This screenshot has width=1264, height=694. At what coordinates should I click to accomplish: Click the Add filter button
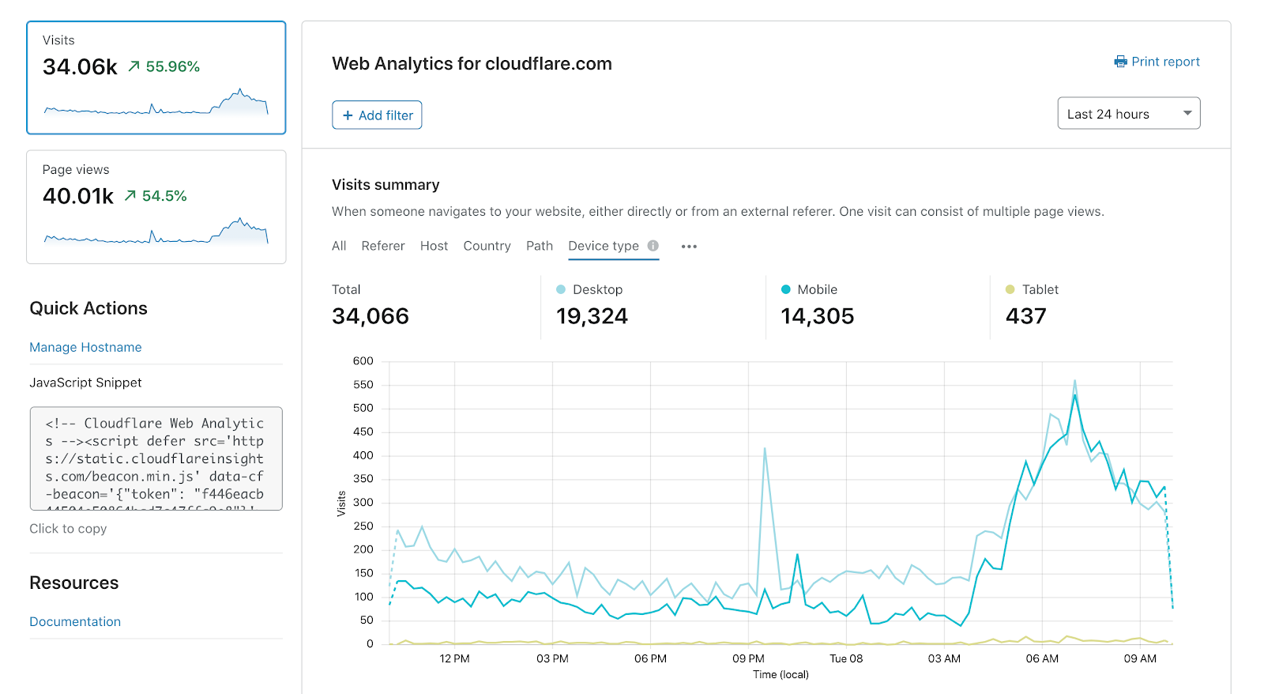377,115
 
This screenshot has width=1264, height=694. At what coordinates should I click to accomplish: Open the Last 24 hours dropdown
1128,114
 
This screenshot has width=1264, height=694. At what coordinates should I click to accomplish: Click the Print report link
1157,62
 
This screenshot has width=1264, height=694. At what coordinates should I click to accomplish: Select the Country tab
487,246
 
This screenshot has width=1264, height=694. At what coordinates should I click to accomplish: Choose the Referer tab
383,246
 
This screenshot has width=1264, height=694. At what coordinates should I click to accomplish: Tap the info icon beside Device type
653,246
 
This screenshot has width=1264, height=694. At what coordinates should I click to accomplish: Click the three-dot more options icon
689,247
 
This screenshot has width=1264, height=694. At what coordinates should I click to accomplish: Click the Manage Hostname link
85,347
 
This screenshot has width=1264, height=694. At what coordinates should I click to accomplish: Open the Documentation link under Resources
75,621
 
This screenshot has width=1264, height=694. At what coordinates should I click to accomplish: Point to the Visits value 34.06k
80,67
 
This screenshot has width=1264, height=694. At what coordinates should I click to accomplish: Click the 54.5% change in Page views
164,196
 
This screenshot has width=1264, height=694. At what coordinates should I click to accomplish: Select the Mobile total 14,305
817,316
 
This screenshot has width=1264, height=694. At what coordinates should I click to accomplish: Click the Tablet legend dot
1010,289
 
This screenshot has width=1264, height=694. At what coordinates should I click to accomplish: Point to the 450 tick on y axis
363,432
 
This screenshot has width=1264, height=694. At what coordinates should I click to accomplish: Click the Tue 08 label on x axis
845,658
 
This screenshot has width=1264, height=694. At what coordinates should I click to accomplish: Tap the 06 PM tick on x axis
650,658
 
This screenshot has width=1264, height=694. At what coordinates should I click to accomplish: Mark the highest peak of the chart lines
1074,381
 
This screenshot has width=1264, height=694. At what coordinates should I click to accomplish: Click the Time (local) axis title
781,674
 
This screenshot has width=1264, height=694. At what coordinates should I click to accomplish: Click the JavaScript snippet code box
156,458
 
